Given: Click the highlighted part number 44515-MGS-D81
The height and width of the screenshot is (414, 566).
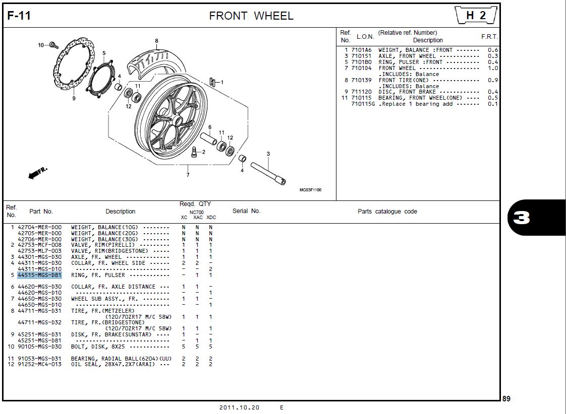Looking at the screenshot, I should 39,275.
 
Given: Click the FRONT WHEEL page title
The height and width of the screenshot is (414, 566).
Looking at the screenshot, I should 251,16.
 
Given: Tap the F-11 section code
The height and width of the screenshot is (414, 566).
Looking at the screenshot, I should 19,16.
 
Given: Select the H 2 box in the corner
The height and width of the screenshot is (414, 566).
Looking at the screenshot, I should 476,16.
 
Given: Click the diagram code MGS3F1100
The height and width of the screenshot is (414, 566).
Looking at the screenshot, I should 310,190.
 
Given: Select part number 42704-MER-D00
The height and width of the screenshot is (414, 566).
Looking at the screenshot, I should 39,228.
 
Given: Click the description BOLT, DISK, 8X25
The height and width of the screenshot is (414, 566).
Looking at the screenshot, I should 98,347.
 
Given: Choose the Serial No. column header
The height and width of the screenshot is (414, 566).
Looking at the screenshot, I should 246,211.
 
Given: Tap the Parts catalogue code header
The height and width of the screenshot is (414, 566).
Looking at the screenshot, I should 387,212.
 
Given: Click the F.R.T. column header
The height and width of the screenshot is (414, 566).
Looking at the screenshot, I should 489,37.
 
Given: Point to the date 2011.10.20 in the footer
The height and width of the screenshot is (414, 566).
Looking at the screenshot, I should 239,407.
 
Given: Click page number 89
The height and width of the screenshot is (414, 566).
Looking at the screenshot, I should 506,399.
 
